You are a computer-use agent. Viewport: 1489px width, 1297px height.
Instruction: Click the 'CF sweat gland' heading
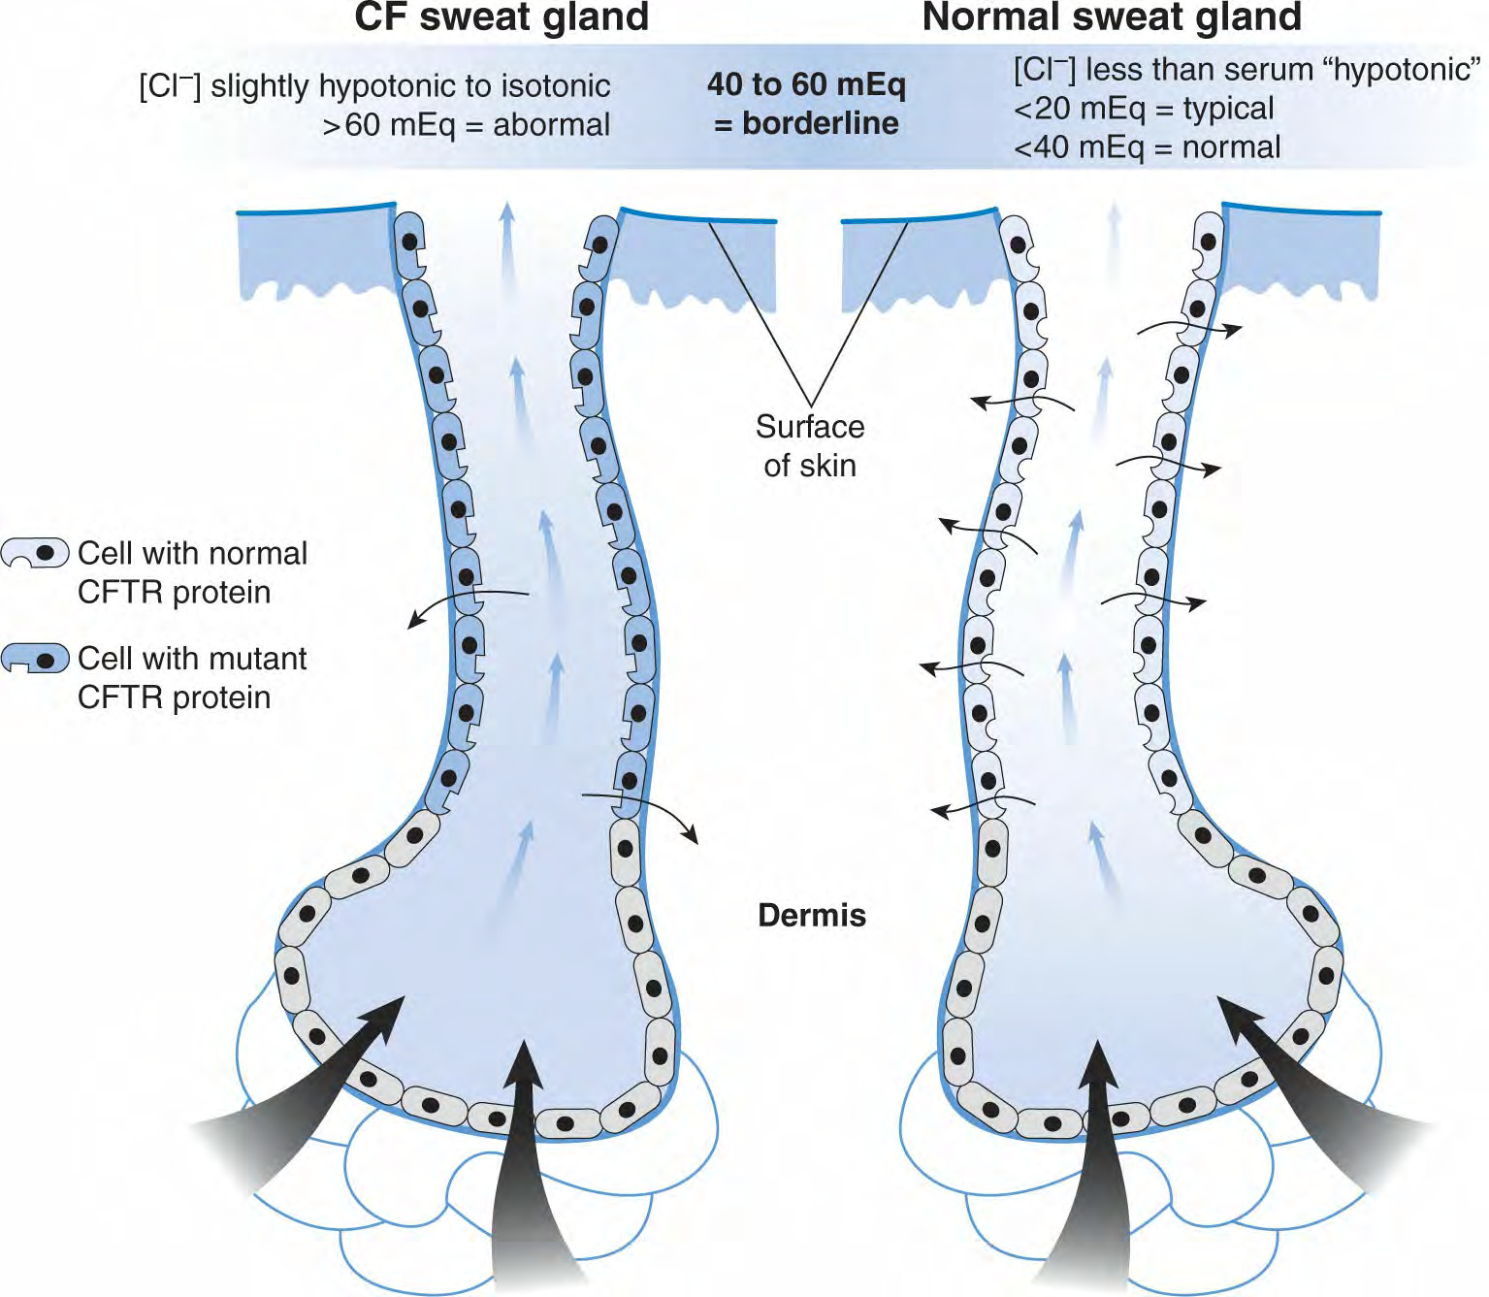[x=502, y=17]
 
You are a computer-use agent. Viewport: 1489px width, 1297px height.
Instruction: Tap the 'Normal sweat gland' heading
[x=1112, y=17]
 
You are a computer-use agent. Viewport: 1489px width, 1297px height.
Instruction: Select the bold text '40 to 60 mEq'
[x=806, y=85]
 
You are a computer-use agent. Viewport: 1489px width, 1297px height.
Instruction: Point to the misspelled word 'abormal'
[x=552, y=125]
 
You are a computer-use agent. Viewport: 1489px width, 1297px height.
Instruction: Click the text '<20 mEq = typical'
[x=1144, y=110]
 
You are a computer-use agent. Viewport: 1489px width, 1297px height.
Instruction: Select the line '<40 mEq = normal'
[x=1147, y=147]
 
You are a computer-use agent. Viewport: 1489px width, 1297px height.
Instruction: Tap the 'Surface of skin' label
[x=810, y=446]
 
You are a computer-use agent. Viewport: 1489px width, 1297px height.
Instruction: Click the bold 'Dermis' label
[x=812, y=916]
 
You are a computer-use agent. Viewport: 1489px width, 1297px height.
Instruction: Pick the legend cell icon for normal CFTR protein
[x=36, y=553]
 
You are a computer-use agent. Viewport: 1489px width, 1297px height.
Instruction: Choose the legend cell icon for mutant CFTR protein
[x=36, y=659]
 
